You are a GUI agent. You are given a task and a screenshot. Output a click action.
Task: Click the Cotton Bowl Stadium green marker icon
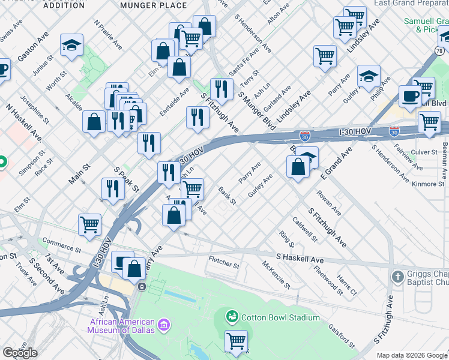(x=232, y=316)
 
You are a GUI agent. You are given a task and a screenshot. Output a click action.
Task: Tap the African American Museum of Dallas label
(x=121, y=326)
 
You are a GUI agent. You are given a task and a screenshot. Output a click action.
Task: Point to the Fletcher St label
(x=224, y=262)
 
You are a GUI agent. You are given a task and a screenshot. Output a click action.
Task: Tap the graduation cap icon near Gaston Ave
(x=71, y=46)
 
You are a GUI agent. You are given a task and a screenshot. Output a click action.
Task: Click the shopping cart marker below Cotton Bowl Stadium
(x=237, y=341)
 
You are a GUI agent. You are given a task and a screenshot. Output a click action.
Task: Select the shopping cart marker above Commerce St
(x=89, y=224)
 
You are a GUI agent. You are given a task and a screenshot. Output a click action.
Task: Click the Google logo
(x=19, y=353)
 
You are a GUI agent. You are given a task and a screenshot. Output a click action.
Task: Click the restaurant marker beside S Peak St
(x=113, y=189)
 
